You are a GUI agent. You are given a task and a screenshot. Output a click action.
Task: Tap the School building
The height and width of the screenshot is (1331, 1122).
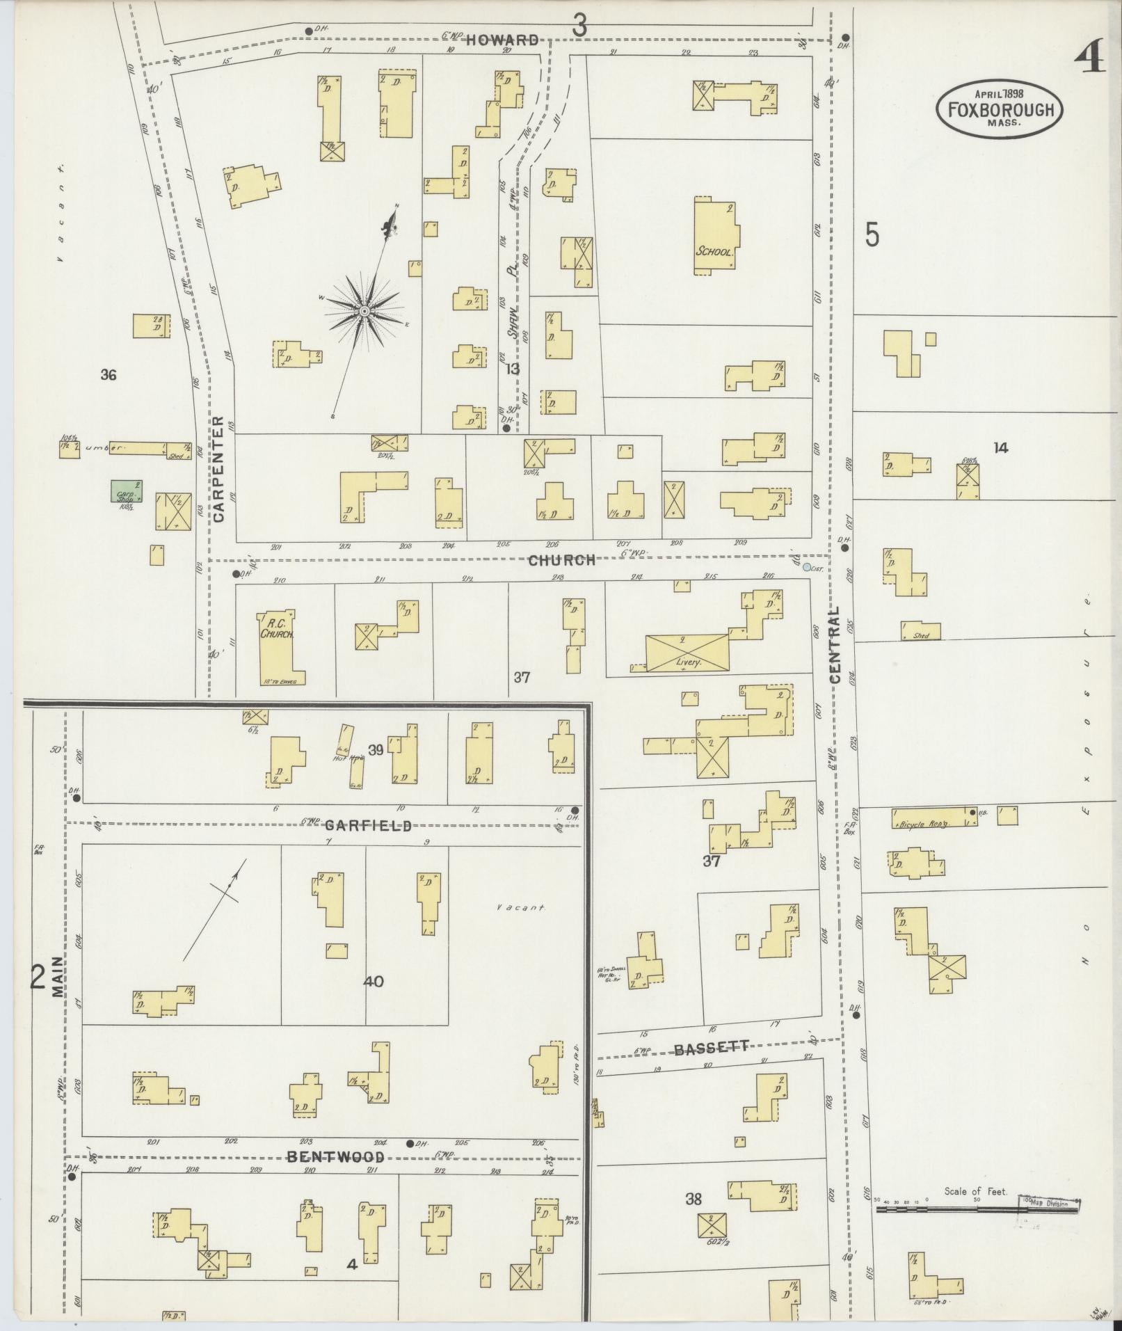(716, 236)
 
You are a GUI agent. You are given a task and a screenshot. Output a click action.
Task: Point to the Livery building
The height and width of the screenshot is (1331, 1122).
(687, 653)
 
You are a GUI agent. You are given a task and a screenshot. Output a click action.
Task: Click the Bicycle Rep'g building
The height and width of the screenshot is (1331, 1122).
(929, 818)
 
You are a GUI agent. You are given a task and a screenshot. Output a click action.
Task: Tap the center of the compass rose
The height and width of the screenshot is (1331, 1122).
(364, 310)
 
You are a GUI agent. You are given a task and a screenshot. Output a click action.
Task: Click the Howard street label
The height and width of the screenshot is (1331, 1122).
(502, 40)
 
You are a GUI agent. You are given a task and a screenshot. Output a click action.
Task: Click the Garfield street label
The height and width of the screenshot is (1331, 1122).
(368, 826)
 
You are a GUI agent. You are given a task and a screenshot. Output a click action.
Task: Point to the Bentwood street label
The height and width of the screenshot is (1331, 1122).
(336, 1157)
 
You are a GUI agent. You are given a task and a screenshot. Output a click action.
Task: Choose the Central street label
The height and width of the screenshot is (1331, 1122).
(835, 644)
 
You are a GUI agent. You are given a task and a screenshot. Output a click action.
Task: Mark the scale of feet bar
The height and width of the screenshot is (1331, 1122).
(977, 1210)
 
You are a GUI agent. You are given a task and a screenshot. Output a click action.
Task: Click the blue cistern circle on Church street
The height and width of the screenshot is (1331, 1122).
(806, 568)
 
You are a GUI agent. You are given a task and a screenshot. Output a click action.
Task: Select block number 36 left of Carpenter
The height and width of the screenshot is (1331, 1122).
(108, 375)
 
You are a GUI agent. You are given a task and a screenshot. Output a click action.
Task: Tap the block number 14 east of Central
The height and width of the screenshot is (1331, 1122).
(1000, 448)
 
